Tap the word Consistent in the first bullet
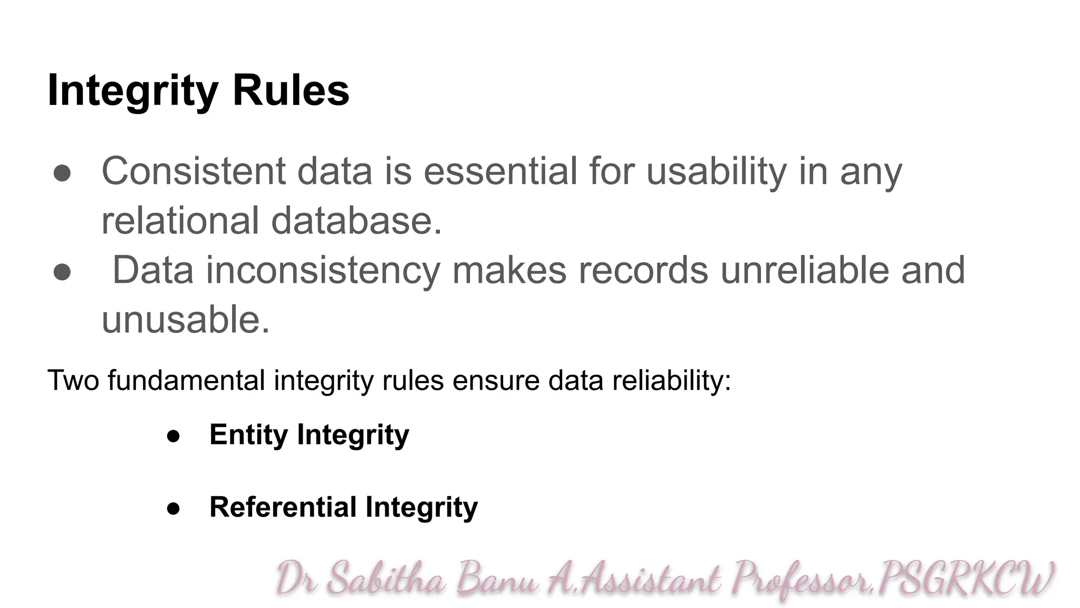(x=194, y=172)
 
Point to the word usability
(x=717, y=172)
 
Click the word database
(x=356, y=221)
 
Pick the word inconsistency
(x=323, y=270)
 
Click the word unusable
(x=186, y=320)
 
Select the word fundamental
(x=186, y=381)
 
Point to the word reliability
(x=672, y=381)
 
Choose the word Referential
(x=283, y=507)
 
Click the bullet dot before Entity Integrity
(x=173, y=436)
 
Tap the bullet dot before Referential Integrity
(x=173, y=509)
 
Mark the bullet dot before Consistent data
(x=62, y=174)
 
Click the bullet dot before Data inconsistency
(x=62, y=272)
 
